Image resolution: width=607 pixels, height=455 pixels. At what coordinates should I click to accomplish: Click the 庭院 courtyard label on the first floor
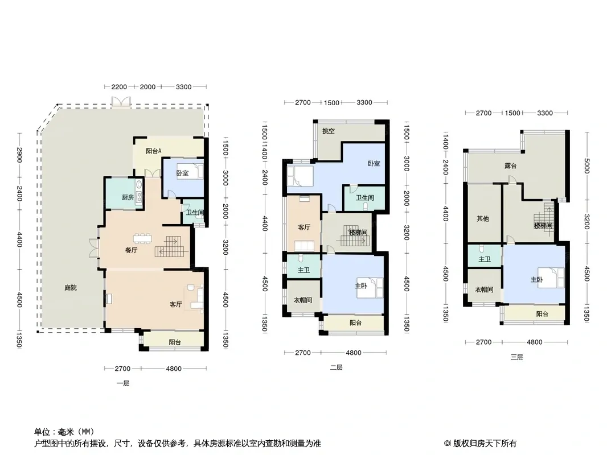pyautogui.click(x=71, y=288)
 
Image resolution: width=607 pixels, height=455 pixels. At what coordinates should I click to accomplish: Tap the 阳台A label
pyautogui.click(x=153, y=151)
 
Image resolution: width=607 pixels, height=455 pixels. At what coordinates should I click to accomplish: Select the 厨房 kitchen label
pyautogui.click(x=128, y=197)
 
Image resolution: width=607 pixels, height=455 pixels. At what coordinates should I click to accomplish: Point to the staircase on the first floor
pyautogui.click(x=172, y=246)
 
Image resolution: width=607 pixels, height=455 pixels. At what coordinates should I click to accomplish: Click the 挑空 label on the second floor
pyautogui.click(x=329, y=131)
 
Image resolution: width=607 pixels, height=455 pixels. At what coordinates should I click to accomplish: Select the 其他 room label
pyautogui.click(x=483, y=218)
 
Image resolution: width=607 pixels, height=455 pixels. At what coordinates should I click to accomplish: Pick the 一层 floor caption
pyautogui.click(x=123, y=383)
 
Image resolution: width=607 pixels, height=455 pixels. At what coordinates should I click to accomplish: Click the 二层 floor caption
pyautogui.click(x=336, y=367)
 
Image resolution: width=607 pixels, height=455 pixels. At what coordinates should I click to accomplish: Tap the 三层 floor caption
pyautogui.click(x=516, y=357)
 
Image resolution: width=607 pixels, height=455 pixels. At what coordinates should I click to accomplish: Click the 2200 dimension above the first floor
pyautogui.click(x=119, y=86)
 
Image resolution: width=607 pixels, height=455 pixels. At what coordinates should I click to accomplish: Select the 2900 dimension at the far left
pyautogui.click(x=19, y=155)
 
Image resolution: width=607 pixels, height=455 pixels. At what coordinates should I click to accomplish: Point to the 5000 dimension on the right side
pyautogui.click(x=587, y=166)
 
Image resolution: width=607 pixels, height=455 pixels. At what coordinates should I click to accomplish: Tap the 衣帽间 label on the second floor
pyautogui.click(x=303, y=300)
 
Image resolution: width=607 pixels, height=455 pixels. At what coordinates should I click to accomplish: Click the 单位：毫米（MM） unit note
pyautogui.click(x=64, y=432)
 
